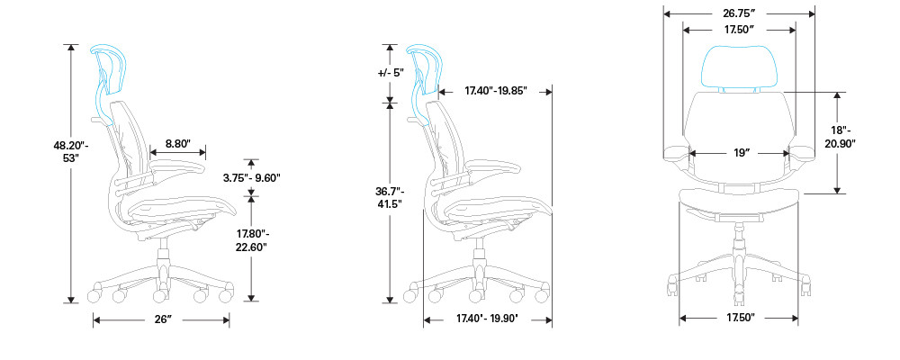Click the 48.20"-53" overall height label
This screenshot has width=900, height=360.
(71, 151)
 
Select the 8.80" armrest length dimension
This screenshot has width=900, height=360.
(177, 143)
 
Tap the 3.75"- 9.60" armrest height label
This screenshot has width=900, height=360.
(252, 177)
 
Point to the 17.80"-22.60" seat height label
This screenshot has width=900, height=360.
(252, 241)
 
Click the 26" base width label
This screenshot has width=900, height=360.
(162, 319)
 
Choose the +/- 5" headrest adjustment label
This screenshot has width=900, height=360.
(391, 73)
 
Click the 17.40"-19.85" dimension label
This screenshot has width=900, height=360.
(496, 91)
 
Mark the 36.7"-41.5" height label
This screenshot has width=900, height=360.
(391, 197)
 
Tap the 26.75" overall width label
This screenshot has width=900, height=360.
(739, 13)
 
